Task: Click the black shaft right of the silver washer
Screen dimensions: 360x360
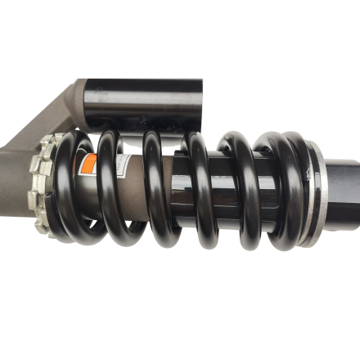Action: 344,192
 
